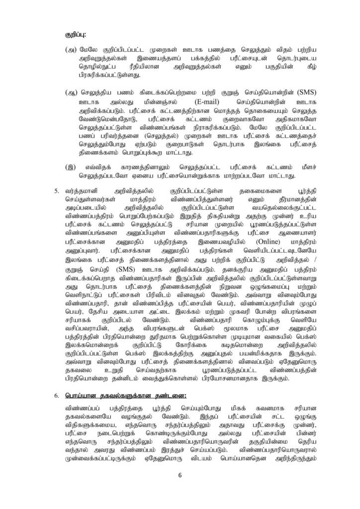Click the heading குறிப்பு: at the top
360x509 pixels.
[x=76, y=35]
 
